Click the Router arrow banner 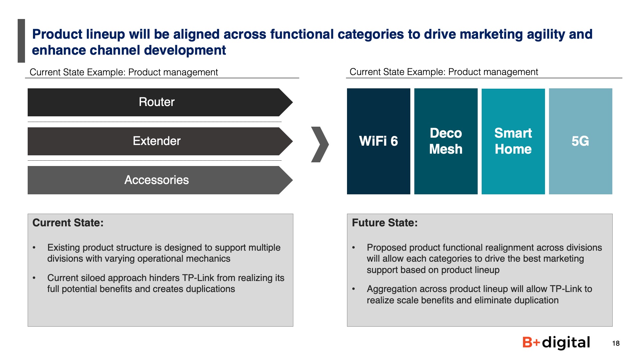(x=160, y=102)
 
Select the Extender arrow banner (x=160, y=141)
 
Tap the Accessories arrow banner (x=160, y=180)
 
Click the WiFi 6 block (x=379, y=141)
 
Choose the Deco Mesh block (x=446, y=141)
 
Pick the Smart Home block (x=513, y=141)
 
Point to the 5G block (x=581, y=141)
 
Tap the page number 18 (x=616, y=343)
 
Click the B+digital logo (x=556, y=343)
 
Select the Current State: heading (x=68, y=223)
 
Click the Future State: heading (x=385, y=223)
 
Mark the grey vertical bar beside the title (x=21, y=41)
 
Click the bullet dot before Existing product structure (x=34, y=248)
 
